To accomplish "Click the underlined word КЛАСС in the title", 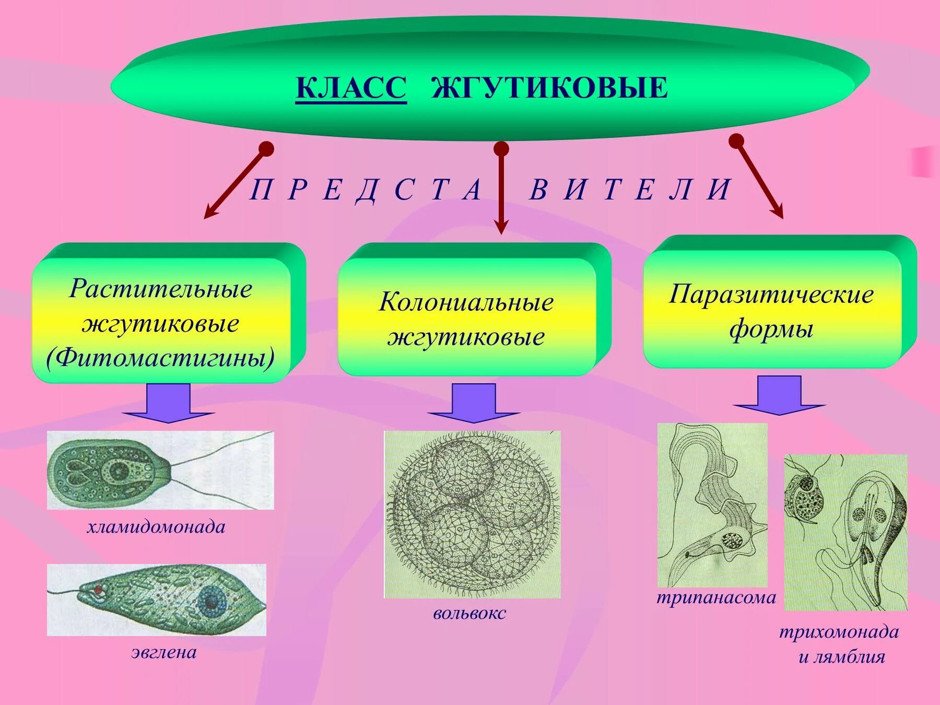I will pos(351,87).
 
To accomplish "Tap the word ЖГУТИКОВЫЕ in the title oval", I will pos(549,87).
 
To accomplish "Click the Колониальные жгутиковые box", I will pos(466,319).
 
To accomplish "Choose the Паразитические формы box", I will pos(772,311).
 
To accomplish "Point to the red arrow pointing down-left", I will pos(235,183).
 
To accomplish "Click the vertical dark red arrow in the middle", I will pos(501,188).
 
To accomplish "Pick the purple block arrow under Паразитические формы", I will pos(779,395).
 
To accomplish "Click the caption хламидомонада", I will pos(156,527).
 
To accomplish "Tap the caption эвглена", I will pos(164,652).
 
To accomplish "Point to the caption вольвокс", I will pos(469,613).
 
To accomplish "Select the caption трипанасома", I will pos(716,597).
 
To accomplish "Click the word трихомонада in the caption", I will pos(839,632).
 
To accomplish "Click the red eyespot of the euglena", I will pos(98,590).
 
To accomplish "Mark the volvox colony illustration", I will pos(473,514).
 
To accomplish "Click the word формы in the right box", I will pos(771,330).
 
